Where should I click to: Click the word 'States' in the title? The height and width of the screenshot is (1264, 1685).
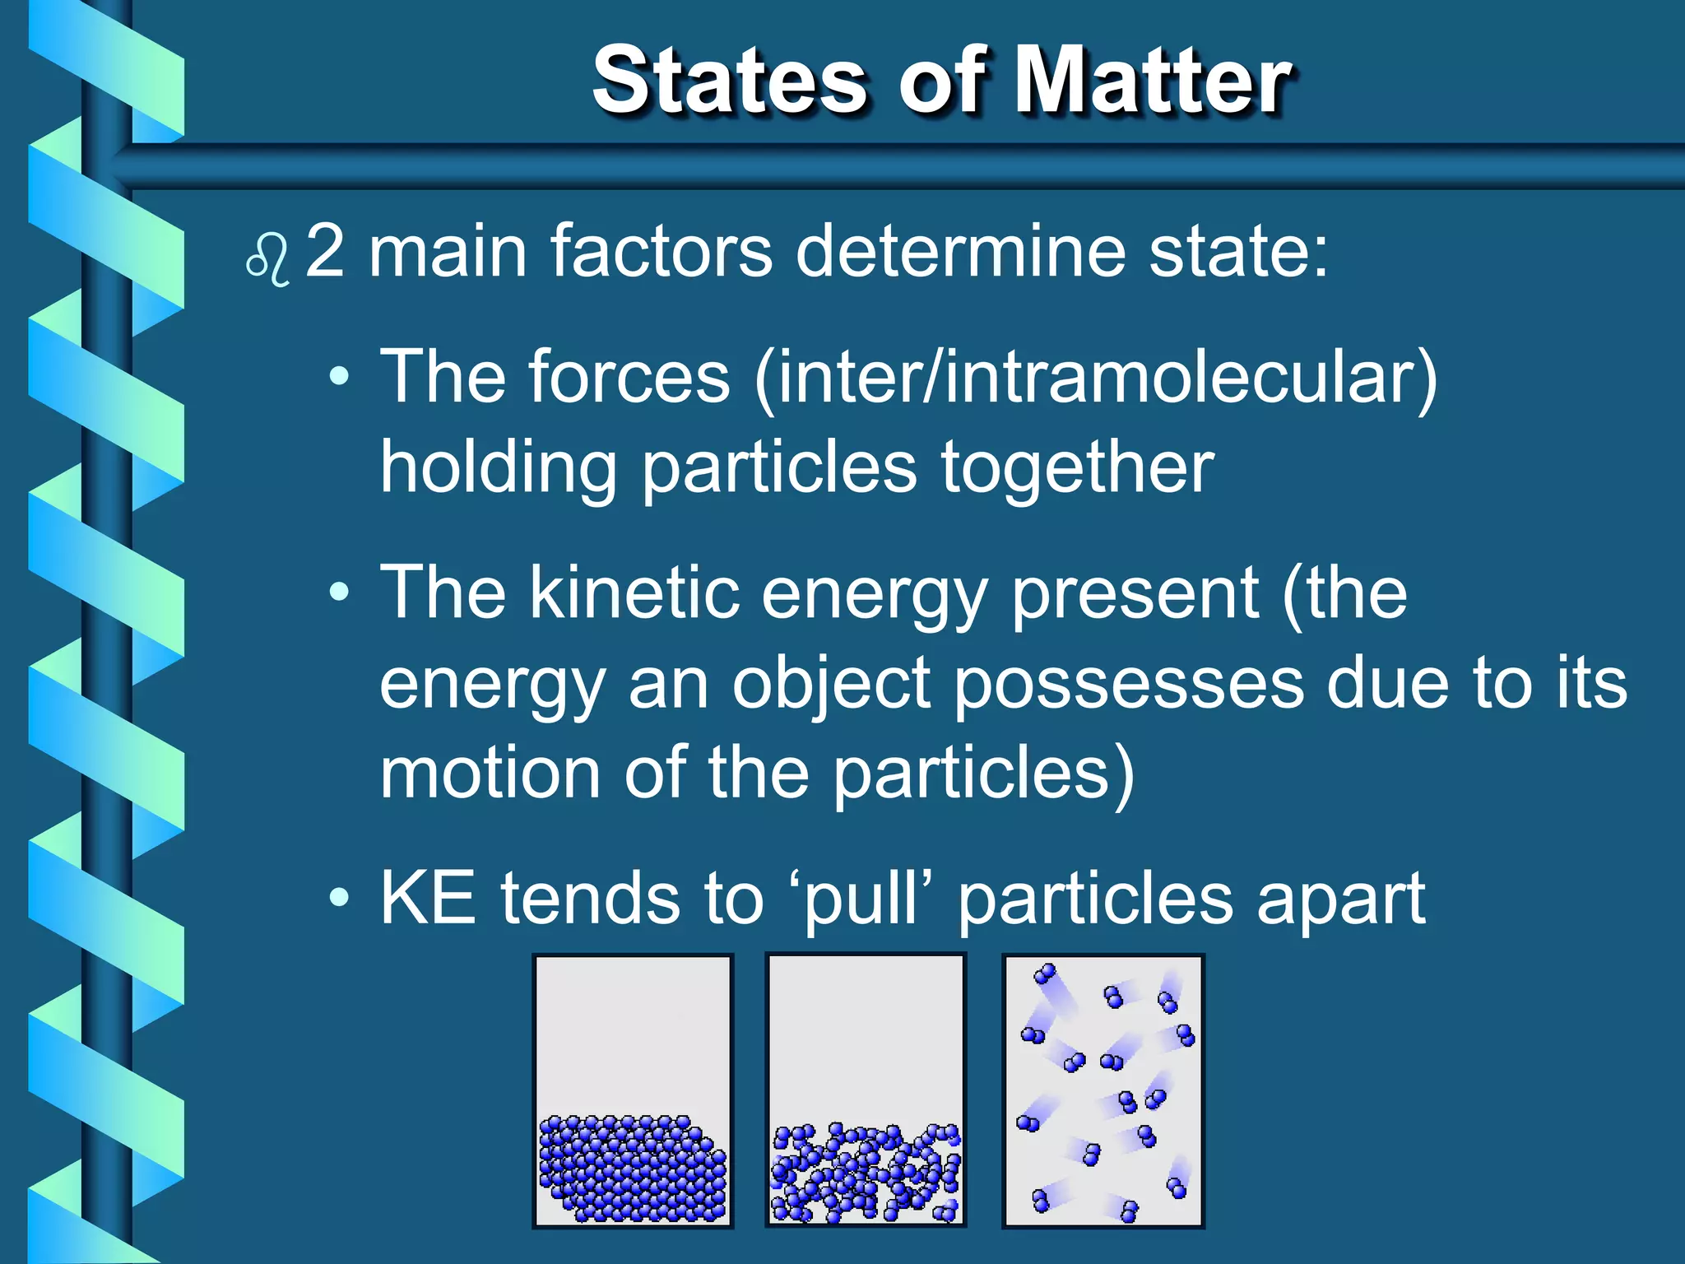coord(729,81)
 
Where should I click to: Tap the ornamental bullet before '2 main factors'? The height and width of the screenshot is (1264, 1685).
coord(268,260)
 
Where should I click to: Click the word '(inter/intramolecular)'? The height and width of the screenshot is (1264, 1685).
coord(1095,377)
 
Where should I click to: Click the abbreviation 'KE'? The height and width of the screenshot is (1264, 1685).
coord(428,899)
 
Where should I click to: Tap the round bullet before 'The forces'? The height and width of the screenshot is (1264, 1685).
coord(339,378)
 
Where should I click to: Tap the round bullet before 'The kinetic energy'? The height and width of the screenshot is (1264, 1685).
coord(339,592)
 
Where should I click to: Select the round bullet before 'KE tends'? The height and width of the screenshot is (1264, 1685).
coord(339,898)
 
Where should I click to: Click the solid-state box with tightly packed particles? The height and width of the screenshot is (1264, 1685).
coord(632,1090)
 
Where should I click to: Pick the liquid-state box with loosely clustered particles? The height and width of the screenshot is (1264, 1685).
coord(866,1090)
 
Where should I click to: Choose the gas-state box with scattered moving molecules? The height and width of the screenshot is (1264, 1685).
coord(1102,1090)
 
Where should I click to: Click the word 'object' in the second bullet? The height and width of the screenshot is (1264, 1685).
coord(831,685)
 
